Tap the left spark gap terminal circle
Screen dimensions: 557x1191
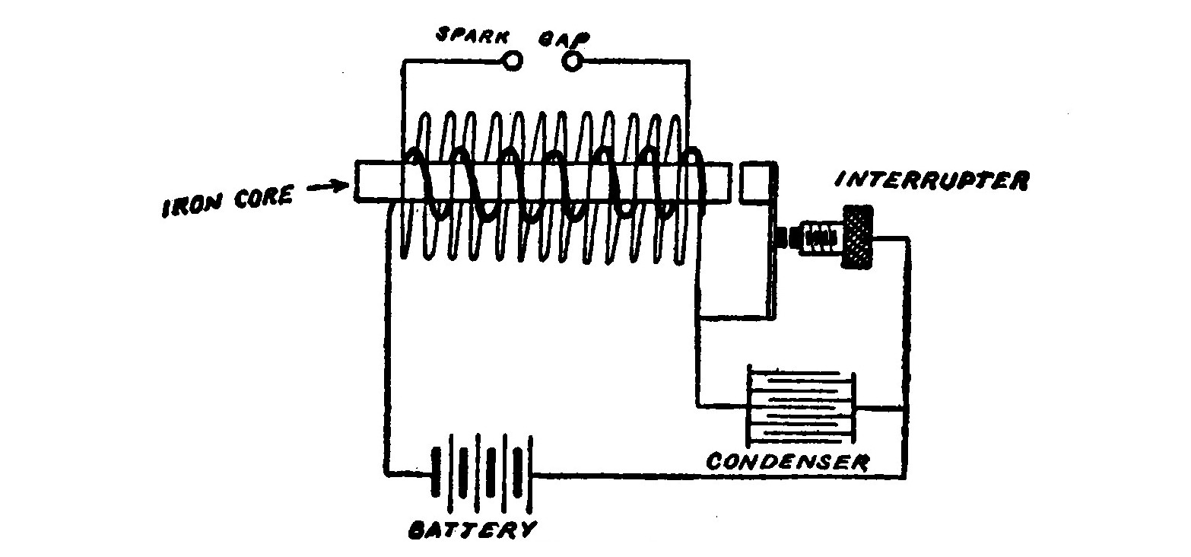pos(514,61)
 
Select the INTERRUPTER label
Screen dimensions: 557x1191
pos(931,180)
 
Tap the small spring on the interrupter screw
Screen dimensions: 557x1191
pos(820,238)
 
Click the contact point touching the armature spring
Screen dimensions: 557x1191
pos(783,239)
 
